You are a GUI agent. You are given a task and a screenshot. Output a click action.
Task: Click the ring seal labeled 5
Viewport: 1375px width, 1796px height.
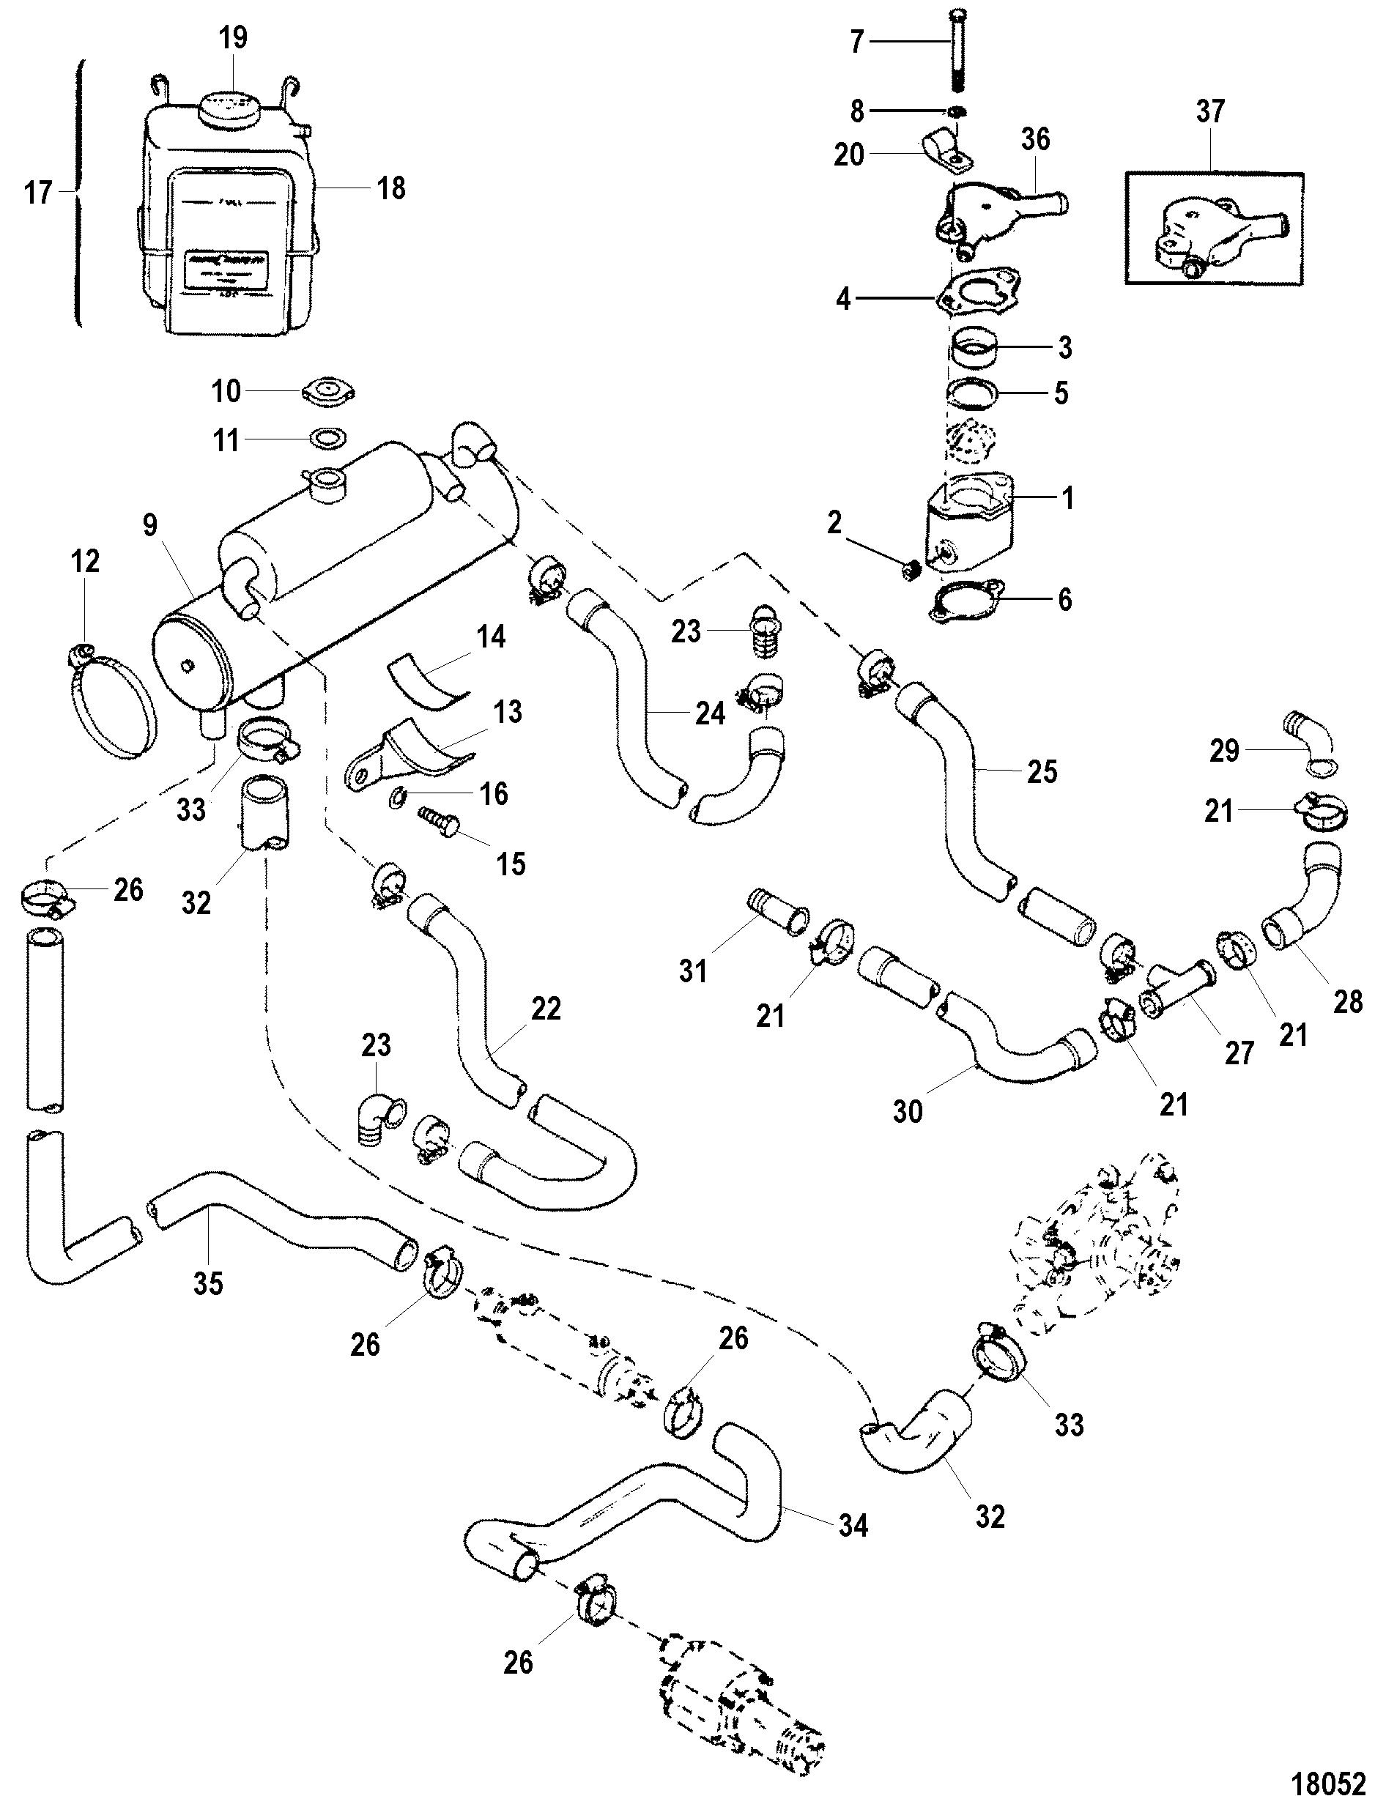(975, 393)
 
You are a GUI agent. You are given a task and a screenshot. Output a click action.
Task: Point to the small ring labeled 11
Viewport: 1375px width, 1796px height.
(328, 440)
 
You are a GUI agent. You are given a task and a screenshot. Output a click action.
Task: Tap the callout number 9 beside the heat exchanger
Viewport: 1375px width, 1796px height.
(149, 525)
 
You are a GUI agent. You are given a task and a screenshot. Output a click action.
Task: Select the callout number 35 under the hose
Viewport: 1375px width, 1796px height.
(208, 1283)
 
